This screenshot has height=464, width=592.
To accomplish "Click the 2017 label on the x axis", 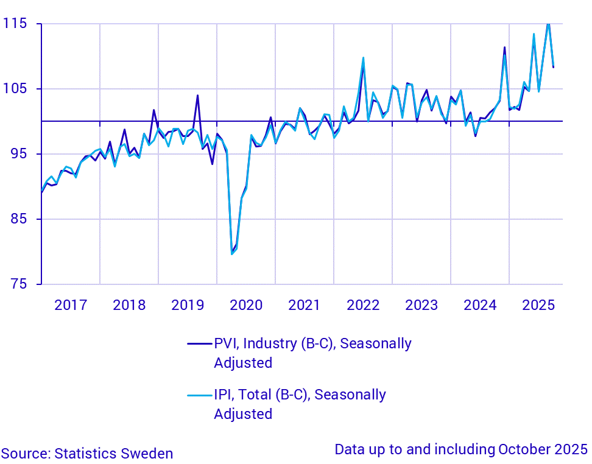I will [x=71, y=304].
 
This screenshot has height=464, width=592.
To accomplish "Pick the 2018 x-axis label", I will [x=129, y=304].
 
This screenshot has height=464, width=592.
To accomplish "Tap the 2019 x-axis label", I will [x=188, y=304].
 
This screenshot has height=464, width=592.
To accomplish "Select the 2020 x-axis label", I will [x=246, y=304].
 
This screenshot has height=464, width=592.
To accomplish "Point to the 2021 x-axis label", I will [x=305, y=304].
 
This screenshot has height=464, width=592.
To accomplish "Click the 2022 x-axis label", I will [x=363, y=304].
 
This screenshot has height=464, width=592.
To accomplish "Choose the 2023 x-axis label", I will [x=421, y=304].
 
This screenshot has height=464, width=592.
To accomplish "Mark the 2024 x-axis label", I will [x=480, y=304].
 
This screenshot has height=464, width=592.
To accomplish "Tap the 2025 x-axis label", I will [x=538, y=304].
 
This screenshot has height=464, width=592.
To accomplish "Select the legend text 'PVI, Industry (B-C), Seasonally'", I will [x=312, y=343].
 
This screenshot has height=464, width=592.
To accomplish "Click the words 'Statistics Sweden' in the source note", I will [x=114, y=454].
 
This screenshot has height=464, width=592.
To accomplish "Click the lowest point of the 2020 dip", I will [x=231, y=253].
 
